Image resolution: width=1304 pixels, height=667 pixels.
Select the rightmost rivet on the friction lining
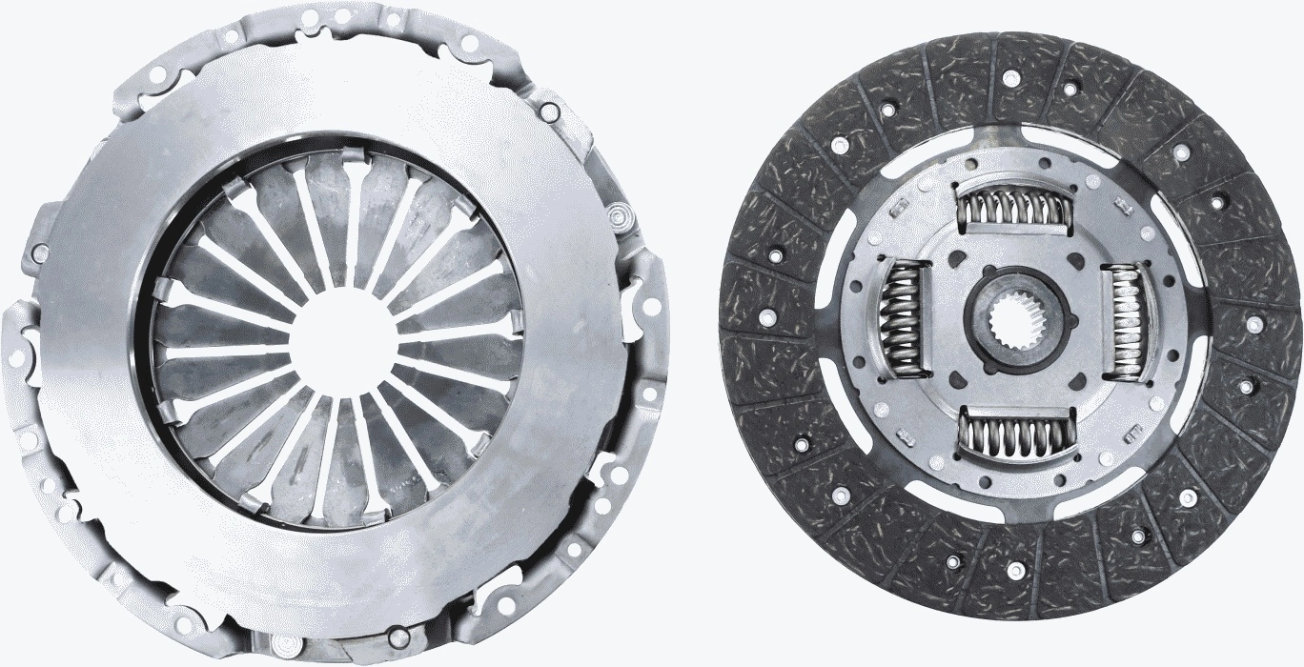(x=1253, y=324)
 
